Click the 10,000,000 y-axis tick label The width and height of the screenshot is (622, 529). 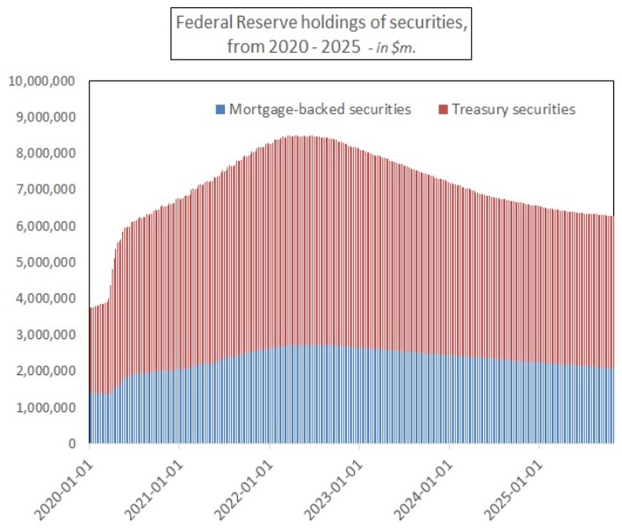click(x=42, y=81)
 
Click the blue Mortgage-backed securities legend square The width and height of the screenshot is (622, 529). click(x=220, y=110)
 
